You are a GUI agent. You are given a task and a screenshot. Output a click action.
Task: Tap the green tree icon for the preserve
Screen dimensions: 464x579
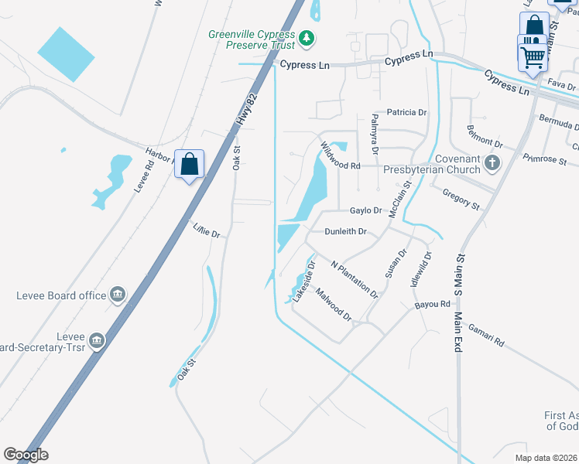[307, 36]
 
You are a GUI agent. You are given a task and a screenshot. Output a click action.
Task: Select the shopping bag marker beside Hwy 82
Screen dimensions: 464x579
[189, 164]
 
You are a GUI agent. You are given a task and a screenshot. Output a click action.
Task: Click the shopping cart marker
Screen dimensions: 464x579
[532, 56]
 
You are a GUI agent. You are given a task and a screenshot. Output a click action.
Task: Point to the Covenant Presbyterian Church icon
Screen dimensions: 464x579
[491, 162]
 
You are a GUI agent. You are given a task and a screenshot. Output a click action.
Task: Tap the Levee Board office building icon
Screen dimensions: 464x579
[118, 293]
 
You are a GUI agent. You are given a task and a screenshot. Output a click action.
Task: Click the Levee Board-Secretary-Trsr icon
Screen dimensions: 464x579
[96, 340]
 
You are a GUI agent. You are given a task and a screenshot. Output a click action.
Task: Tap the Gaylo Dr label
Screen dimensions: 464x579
[366, 210]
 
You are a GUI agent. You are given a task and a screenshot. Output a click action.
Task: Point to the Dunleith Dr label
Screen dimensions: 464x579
[345, 231]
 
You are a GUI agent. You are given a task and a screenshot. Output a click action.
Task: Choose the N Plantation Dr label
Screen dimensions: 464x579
[355, 279]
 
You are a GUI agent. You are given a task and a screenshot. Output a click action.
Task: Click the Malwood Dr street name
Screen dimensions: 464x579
[334, 305]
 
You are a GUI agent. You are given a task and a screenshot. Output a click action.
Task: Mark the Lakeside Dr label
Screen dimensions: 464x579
[303, 277]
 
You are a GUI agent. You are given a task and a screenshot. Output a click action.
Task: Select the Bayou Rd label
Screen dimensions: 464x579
[432, 305]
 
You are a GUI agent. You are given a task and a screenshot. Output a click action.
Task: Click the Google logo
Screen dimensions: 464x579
[26, 455]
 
